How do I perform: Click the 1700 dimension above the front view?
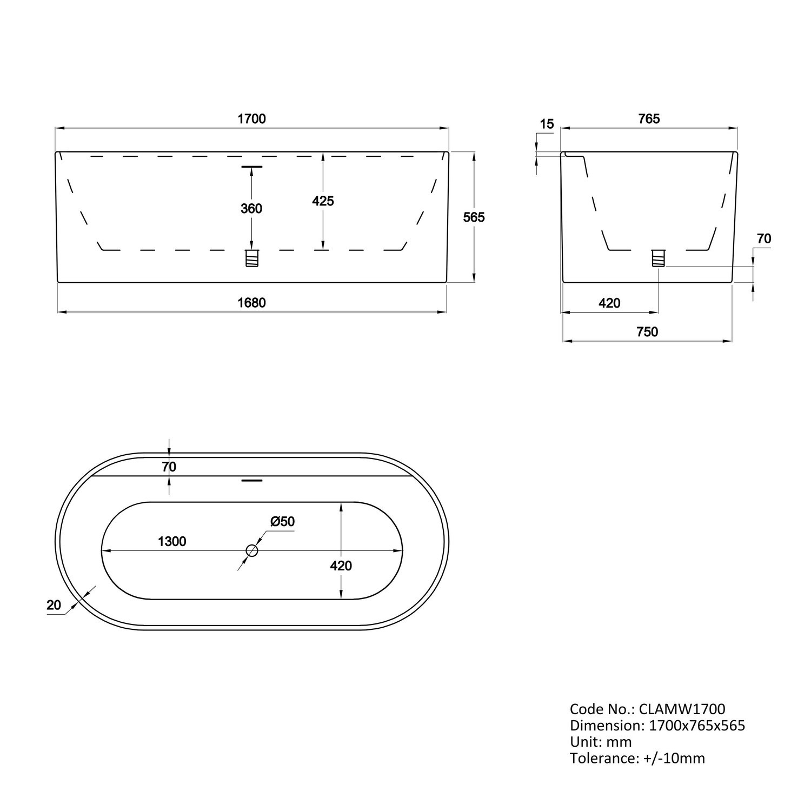(x=252, y=118)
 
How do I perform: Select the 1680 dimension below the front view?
(x=252, y=303)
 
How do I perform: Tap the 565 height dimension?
(x=474, y=217)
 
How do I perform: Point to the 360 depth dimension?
(x=251, y=208)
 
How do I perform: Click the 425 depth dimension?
(x=323, y=201)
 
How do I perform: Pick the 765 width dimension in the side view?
(x=649, y=118)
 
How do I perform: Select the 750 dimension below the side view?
(x=647, y=332)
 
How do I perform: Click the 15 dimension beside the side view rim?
(x=547, y=124)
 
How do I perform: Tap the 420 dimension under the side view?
(x=609, y=303)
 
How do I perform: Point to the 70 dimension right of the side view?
(x=764, y=238)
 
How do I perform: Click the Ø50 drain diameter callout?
(x=282, y=522)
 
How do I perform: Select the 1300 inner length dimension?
(x=172, y=541)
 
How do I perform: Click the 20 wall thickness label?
(x=54, y=605)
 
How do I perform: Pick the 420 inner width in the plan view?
(x=341, y=566)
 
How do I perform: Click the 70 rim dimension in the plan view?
(x=169, y=467)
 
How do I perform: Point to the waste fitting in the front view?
(x=252, y=258)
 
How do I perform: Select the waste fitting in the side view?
(x=658, y=258)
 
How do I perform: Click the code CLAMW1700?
(x=682, y=709)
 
